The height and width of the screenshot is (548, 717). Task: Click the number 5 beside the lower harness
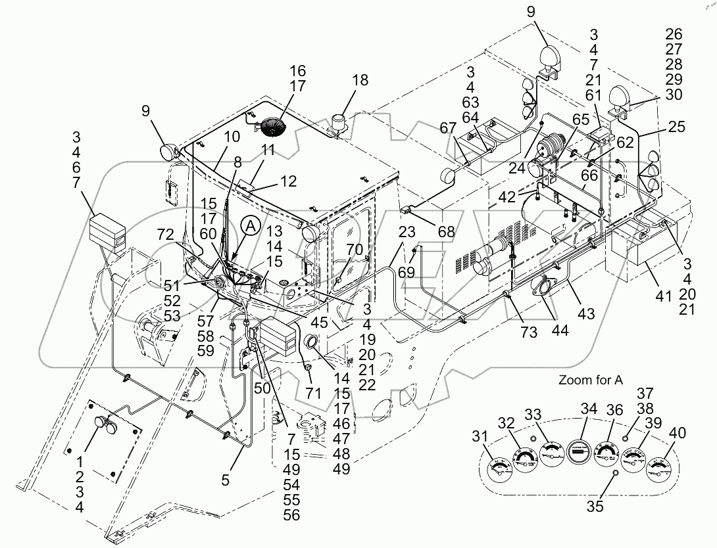coord(226,480)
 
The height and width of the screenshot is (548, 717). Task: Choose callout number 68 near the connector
coord(447,231)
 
